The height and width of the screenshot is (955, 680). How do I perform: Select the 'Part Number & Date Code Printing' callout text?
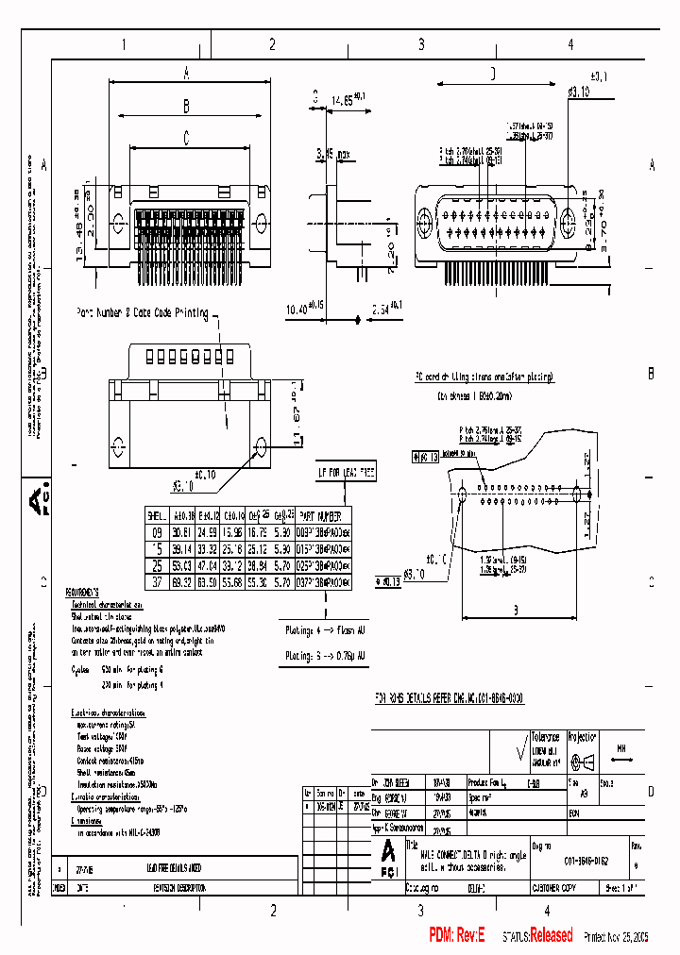[142, 313]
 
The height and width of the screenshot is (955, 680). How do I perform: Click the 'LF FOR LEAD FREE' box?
[346, 470]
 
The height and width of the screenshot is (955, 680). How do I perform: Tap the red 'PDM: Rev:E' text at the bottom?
[456, 935]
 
